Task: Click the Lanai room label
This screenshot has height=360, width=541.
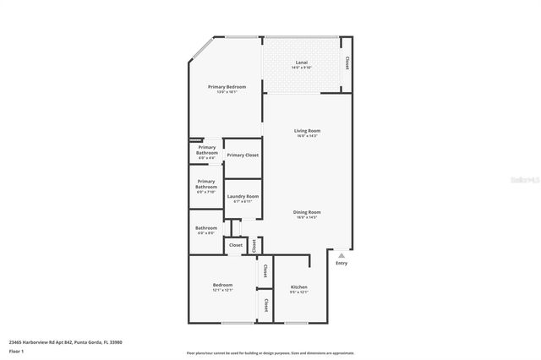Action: (x=301, y=62)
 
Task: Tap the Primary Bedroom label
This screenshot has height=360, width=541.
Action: (x=227, y=87)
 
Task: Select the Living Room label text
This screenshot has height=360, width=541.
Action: (x=306, y=131)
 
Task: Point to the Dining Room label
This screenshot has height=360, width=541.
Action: (x=306, y=212)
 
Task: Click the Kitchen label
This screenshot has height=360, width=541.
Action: (x=299, y=286)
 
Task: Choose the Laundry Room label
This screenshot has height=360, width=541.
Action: (x=242, y=196)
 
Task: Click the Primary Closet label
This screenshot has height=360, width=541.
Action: (x=242, y=155)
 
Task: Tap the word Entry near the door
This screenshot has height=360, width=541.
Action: (x=341, y=263)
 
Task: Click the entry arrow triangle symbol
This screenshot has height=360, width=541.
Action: (x=341, y=254)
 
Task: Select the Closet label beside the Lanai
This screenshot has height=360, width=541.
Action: (x=346, y=64)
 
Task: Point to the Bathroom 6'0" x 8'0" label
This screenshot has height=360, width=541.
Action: (x=206, y=227)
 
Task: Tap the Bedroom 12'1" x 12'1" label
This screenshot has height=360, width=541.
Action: (x=222, y=286)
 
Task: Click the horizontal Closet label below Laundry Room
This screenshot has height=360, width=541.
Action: (x=235, y=245)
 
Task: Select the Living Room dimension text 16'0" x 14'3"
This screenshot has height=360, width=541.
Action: (x=306, y=136)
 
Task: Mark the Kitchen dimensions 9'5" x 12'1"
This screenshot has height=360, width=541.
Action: (x=299, y=292)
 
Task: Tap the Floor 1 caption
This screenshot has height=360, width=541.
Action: (x=16, y=351)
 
